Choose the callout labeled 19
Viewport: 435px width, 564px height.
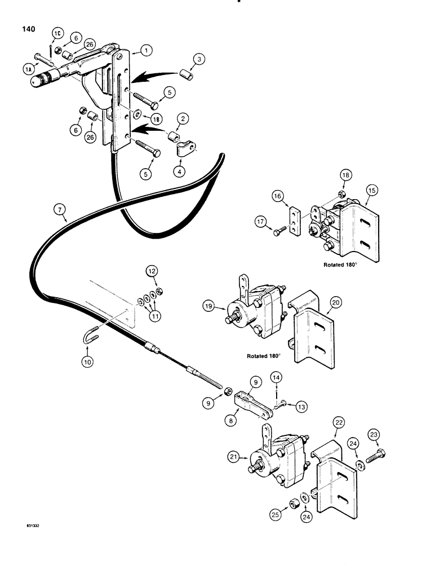[210, 307]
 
